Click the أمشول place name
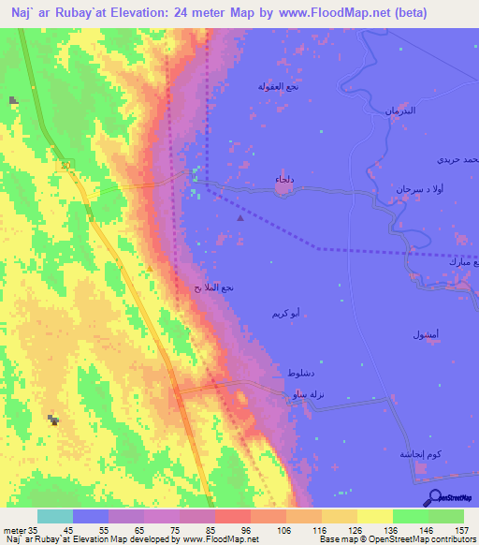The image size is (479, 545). coord(426,334)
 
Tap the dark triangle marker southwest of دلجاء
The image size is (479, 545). coord(240,218)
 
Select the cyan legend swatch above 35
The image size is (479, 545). coord(54,516)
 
